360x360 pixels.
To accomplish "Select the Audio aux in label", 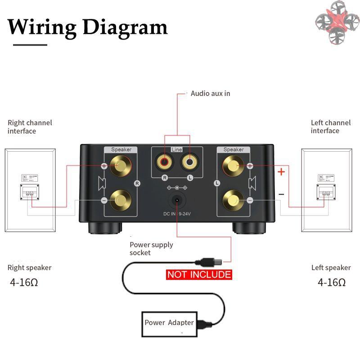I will [210, 94].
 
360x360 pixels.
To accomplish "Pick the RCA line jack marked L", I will [189, 160].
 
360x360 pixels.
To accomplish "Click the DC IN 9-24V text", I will [178, 215].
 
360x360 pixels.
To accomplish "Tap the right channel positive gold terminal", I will [120, 166].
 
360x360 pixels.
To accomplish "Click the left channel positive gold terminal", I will [233, 166].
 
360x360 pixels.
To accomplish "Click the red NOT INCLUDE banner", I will [199, 274].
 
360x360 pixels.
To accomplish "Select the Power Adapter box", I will [169, 323].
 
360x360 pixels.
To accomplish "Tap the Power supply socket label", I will [151, 249].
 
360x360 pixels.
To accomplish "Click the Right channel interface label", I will [30, 127].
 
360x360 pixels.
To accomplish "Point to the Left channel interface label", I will [331, 126].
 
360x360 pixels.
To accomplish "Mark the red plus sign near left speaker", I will [281, 171].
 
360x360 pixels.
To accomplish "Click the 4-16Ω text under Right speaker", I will [24, 283].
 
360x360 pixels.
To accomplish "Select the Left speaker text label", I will [331, 268].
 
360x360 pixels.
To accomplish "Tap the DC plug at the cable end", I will [208, 261].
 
